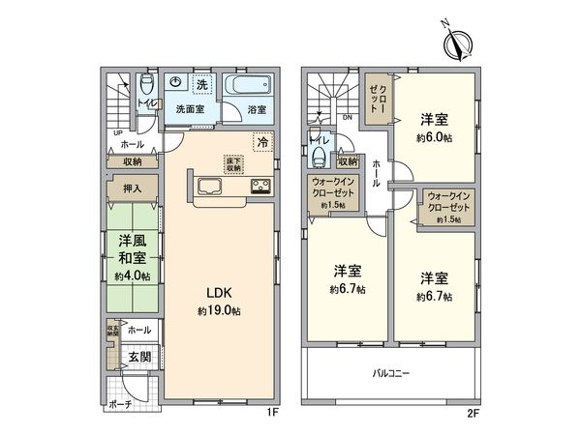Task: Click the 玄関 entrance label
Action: tap(138, 357)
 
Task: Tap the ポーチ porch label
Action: tap(119, 404)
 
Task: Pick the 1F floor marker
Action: tap(274, 413)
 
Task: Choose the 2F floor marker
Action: tap(472, 413)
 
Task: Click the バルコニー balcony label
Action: tap(394, 372)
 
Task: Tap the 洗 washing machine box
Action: tap(202, 81)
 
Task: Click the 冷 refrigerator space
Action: tap(261, 142)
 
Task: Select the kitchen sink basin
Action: tap(210, 187)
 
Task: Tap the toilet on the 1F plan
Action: tap(145, 83)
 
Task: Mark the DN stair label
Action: tap(347, 119)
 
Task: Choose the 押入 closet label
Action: tap(133, 190)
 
